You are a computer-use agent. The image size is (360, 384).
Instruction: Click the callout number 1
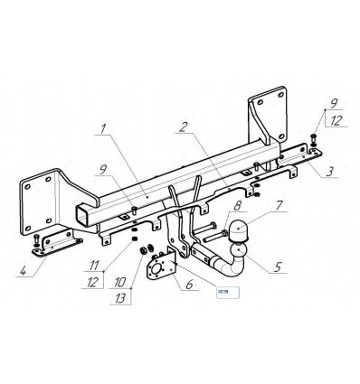click(108, 129)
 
